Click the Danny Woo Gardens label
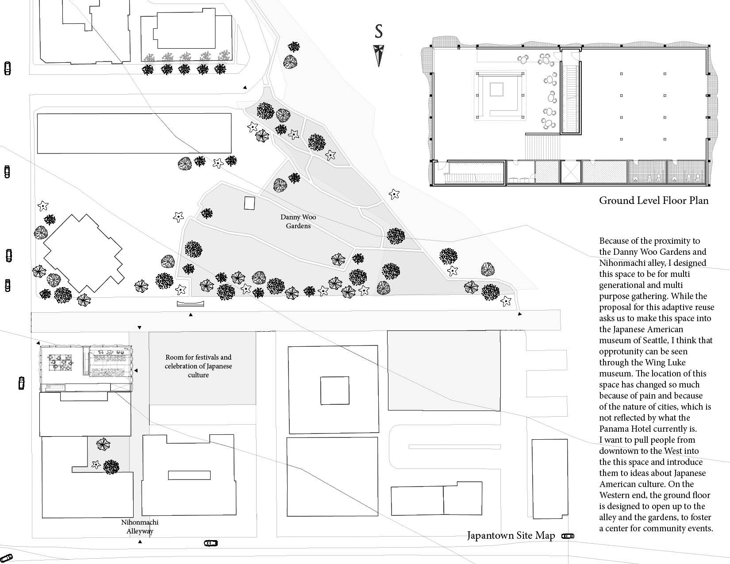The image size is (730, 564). (x=298, y=222)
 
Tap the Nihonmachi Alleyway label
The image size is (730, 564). (x=140, y=526)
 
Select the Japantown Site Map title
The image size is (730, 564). (x=511, y=536)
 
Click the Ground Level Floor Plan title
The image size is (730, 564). (x=653, y=200)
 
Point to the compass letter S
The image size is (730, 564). (x=379, y=31)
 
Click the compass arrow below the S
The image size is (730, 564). (x=379, y=55)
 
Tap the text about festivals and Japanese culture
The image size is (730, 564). (x=198, y=366)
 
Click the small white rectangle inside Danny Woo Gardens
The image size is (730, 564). (x=250, y=203)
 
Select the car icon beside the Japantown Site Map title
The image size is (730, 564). (x=568, y=536)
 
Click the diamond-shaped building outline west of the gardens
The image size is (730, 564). (x=82, y=253)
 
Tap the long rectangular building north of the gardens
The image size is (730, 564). (x=134, y=133)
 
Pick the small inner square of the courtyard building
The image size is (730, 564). (x=334, y=391)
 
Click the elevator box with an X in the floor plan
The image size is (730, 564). (x=570, y=172)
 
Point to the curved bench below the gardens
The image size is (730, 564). (x=190, y=303)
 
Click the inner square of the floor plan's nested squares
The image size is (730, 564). (x=496, y=90)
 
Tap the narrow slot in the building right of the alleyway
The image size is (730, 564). (x=189, y=475)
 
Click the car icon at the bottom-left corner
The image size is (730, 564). (x=6, y=558)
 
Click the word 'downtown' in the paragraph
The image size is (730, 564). (x=618, y=451)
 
